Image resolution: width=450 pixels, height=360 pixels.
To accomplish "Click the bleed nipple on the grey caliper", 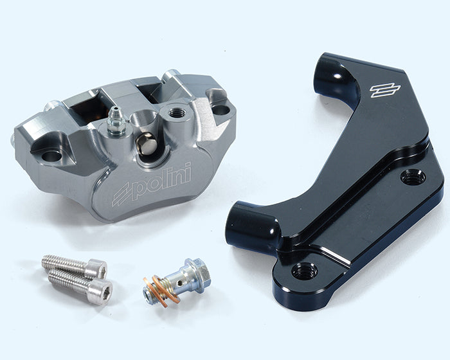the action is tap(116, 121).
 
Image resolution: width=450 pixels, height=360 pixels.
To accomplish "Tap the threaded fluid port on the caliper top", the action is tap(175, 113).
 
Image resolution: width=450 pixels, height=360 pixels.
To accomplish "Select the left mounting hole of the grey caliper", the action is tap(52, 156).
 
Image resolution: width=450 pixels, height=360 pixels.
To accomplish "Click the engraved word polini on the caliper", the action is tap(163, 180).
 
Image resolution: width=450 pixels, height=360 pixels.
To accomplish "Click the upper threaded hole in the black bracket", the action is tap(413, 177).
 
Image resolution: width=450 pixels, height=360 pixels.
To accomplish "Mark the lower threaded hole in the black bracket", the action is tap(305, 271).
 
